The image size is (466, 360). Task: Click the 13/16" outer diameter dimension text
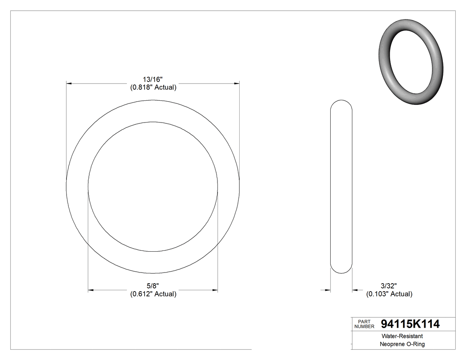point(153,79)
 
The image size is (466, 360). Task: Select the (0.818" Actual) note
point(153,87)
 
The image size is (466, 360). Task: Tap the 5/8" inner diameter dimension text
point(153,286)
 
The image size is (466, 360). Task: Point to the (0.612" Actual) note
point(153,294)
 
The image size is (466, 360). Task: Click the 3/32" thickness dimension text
point(388,286)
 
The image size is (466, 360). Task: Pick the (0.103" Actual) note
point(389,294)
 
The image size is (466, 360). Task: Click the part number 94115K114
point(410,324)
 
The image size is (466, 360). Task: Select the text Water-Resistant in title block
point(398,336)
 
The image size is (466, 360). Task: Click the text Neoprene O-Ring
point(402,344)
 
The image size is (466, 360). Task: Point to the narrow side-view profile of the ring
point(341,186)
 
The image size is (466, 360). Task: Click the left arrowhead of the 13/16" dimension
point(69,83)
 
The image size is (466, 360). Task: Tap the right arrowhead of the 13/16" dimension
point(237,83)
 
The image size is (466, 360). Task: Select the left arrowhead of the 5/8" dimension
point(91,290)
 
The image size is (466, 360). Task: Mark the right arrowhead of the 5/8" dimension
point(215,290)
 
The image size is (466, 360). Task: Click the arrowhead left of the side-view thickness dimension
point(328,290)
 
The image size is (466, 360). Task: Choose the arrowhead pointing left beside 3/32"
point(355,290)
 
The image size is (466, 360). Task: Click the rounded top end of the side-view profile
point(341,103)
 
